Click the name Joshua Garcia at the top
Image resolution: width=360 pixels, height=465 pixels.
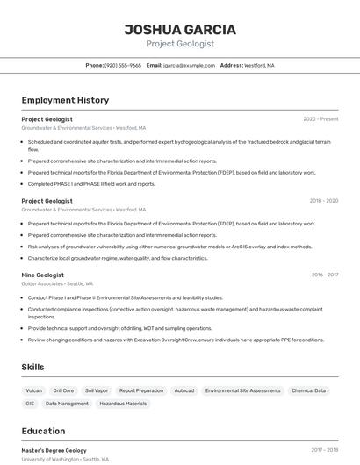[180, 29]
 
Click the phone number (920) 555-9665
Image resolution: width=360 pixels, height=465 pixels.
[122, 66]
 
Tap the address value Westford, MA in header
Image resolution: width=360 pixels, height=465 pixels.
[259, 66]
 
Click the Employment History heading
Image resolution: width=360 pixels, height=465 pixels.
[65, 101]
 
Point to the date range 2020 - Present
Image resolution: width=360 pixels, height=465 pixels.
[320, 119]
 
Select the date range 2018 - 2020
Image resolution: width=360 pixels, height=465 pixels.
[323, 201]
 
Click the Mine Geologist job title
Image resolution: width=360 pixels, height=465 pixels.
[43, 275]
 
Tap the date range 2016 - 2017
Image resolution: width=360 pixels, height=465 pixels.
[324, 275]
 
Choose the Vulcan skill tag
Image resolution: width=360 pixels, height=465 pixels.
[33, 390]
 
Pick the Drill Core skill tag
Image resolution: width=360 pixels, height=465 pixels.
[63, 390]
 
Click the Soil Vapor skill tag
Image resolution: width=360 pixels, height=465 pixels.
[96, 390]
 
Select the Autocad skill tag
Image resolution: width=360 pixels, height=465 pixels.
[184, 390]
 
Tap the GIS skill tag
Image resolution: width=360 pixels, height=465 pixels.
[30, 404]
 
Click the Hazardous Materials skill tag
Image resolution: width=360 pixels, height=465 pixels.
[123, 404]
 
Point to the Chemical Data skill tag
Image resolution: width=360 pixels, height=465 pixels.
[308, 390]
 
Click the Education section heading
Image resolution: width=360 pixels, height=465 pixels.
[43, 431]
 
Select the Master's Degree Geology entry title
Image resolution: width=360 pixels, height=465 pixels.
[54, 450]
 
